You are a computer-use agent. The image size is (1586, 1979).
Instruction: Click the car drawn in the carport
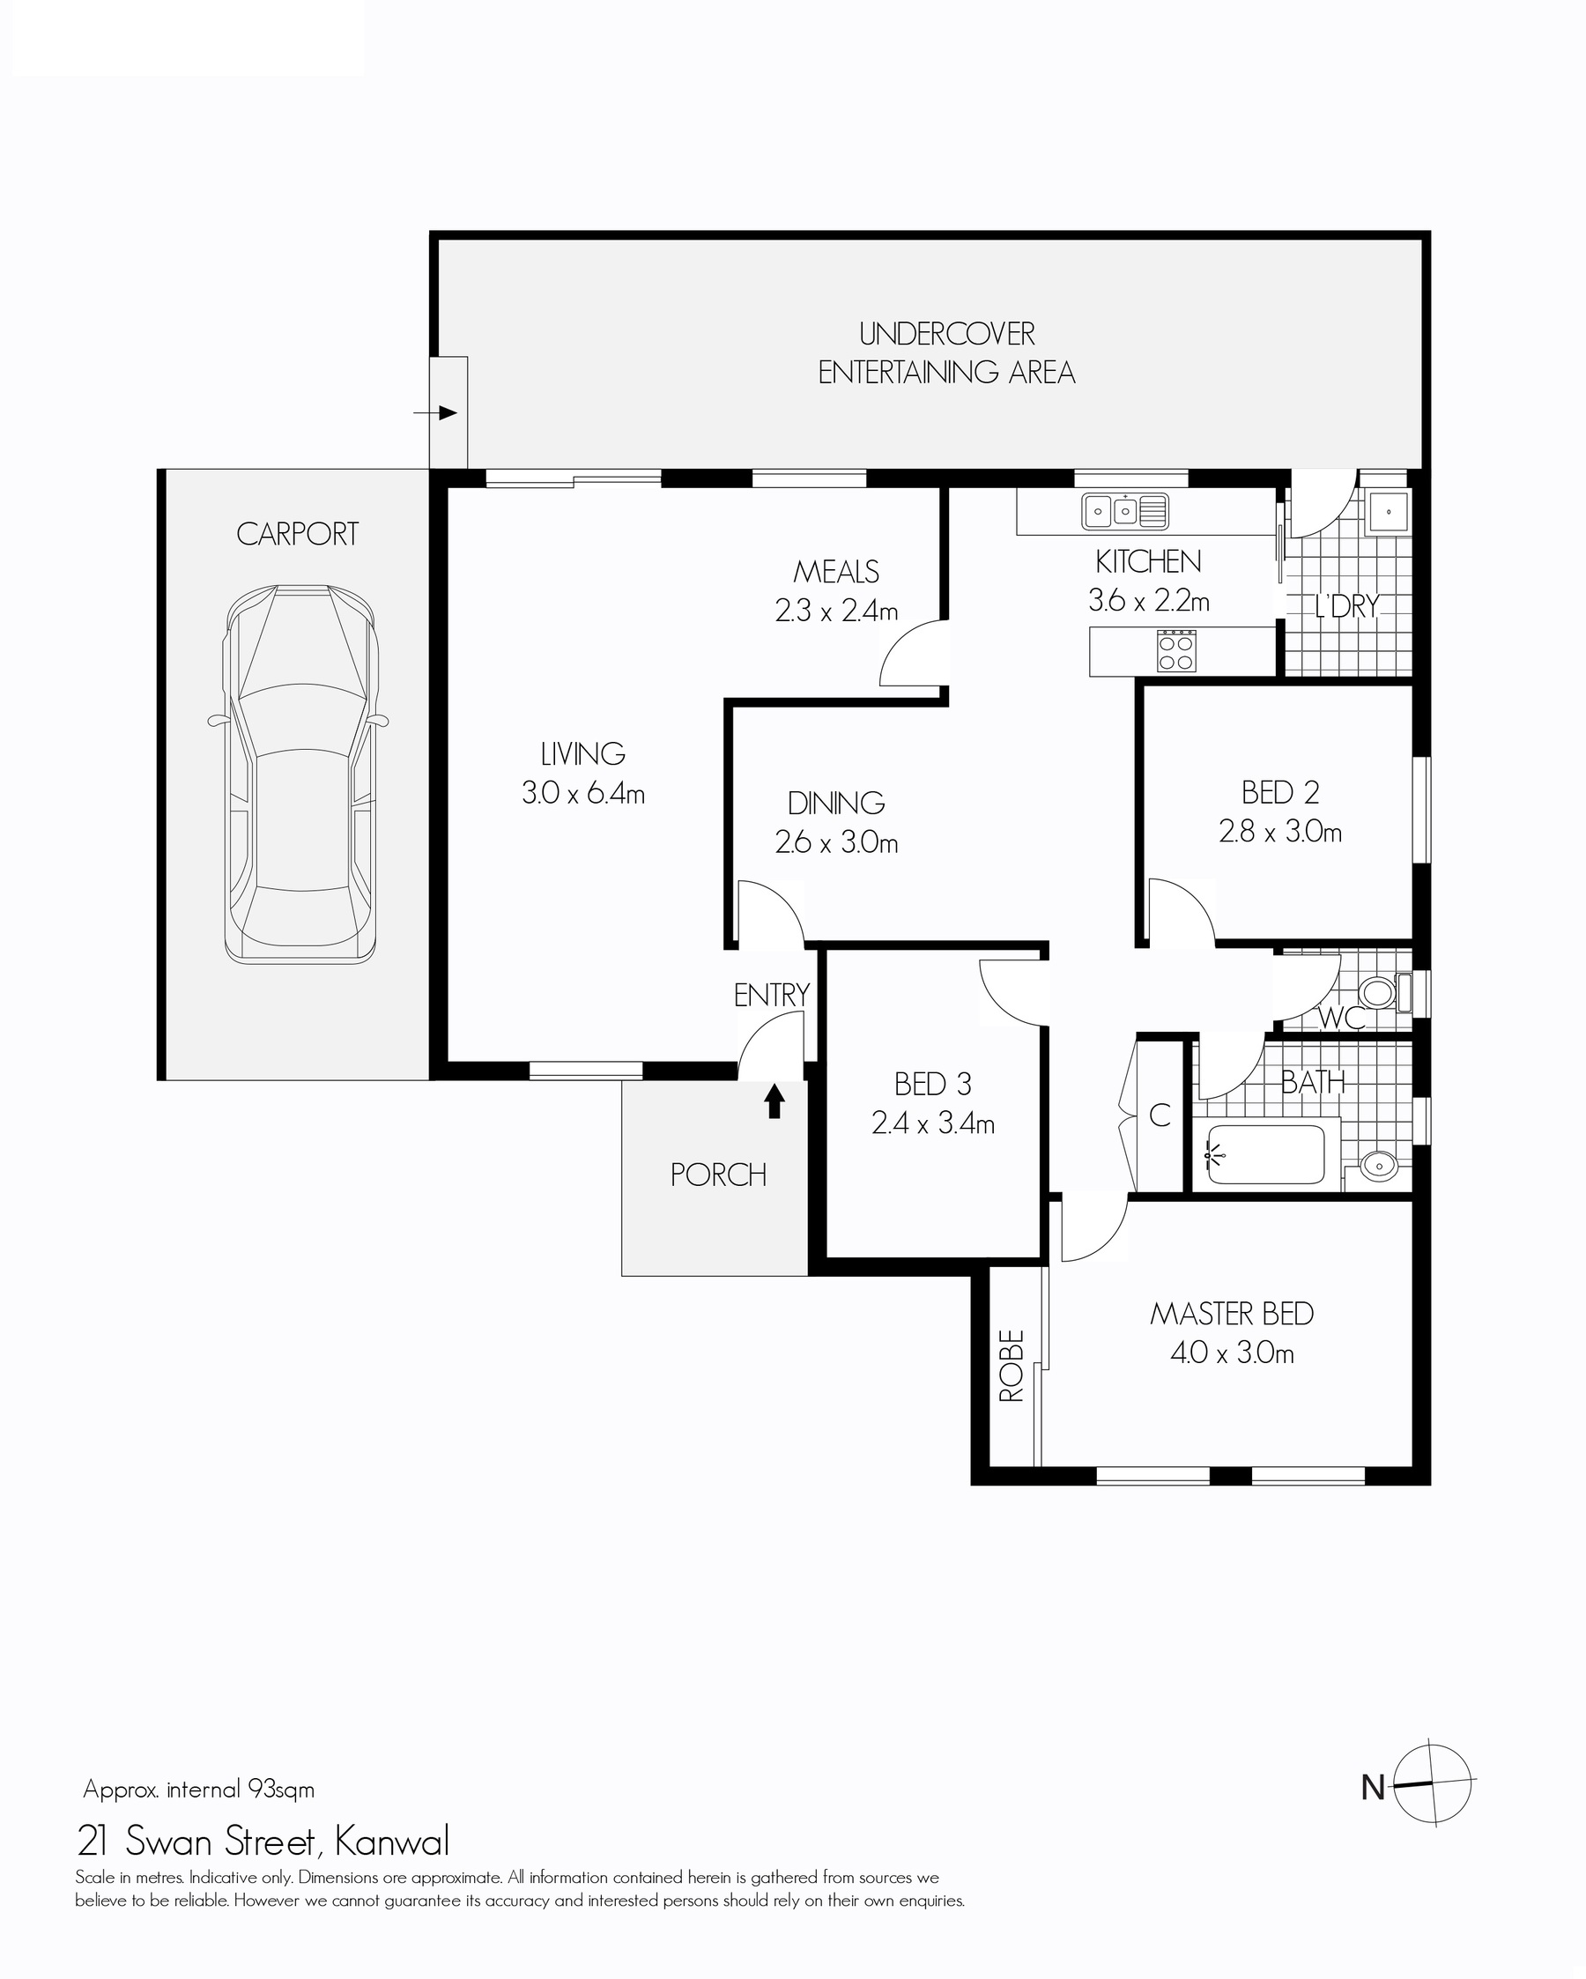click(x=300, y=774)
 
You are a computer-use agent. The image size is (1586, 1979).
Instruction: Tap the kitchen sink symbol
click(x=1124, y=511)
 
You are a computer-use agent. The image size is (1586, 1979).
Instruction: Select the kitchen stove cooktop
click(x=1175, y=651)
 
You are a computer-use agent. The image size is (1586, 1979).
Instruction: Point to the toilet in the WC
click(x=1386, y=992)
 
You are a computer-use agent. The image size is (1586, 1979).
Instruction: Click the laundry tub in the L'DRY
click(x=1387, y=510)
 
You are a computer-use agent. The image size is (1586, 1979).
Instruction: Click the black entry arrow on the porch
click(x=774, y=1101)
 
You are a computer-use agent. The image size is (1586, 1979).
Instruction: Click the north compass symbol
click(x=1432, y=1783)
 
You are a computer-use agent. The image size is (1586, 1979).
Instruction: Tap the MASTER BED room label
click(x=1232, y=1314)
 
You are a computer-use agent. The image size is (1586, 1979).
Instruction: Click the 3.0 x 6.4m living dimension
click(x=582, y=793)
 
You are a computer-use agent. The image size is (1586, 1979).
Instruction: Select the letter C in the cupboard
click(x=1160, y=1116)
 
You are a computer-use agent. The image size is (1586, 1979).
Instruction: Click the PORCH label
click(x=718, y=1175)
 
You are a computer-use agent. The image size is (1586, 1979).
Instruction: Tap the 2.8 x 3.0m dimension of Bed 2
click(x=1280, y=832)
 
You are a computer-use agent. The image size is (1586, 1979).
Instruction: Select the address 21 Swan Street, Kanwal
click(x=263, y=1841)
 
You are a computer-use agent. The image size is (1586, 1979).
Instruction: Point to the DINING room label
click(x=836, y=804)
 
